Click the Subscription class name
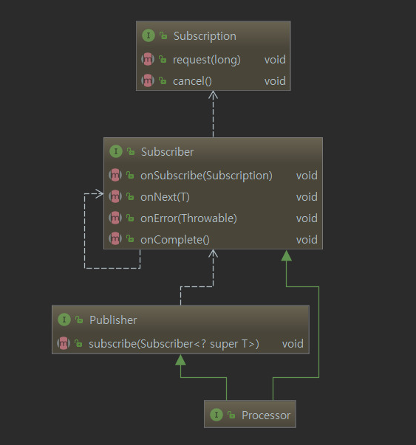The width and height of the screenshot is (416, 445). (x=205, y=36)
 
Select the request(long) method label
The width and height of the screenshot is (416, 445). (x=207, y=60)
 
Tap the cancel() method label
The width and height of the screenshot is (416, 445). (x=192, y=81)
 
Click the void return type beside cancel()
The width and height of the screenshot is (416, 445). (x=275, y=81)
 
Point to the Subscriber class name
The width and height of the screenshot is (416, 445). (x=168, y=152)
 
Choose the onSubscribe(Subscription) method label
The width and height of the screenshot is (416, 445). (x=206, y=176)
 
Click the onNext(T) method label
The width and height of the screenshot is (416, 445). (x=165, y=197)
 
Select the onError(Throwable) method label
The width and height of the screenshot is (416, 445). (x=188, y=218)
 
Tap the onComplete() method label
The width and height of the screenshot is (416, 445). (x=175, y=240)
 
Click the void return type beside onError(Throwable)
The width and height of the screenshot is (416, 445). (x=307, y=218)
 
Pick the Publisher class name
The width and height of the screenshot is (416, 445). (x=113, y=320)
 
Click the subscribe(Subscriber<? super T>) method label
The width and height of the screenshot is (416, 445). (x=174, y=344)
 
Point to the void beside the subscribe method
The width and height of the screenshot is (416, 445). (x=293, y=344)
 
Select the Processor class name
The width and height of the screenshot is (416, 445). (x=266, y=415)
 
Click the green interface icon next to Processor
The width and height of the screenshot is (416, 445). (x=216, y=415)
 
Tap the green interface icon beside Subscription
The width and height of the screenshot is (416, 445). (x=149, y=35)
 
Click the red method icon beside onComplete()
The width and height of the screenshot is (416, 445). (x=115, y=238)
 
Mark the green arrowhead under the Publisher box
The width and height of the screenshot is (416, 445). (x=180, y=360)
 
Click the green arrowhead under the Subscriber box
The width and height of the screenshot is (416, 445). (x=286, y=255)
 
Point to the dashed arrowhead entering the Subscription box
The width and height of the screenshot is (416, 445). (x=213, y=94)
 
